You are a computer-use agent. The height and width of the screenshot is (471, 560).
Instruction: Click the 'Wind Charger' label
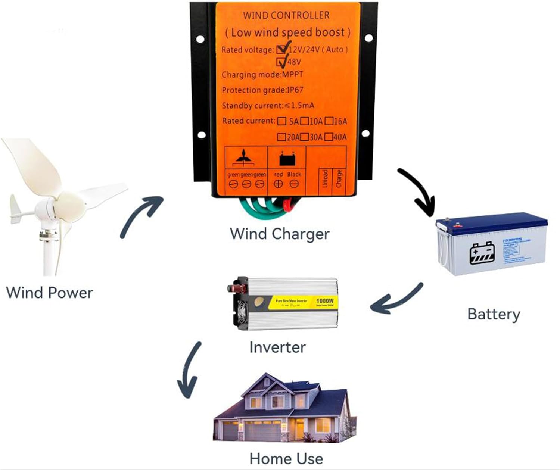click(279, 234)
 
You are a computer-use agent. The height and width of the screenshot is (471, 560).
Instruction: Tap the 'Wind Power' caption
click(49, 293)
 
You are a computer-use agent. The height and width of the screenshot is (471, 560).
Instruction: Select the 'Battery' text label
click(494, 314)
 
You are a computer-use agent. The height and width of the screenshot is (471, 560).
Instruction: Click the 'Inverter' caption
click(277, 347)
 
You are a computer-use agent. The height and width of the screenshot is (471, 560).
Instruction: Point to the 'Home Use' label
click(286, 459)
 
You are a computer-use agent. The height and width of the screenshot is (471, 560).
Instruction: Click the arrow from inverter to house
click(189, 369)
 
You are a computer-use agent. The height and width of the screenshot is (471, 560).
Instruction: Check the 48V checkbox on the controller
click(281, 62)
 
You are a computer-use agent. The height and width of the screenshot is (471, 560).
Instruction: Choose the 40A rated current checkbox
click(329, 137)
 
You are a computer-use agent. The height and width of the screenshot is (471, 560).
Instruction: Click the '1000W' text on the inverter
click(324, 301)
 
